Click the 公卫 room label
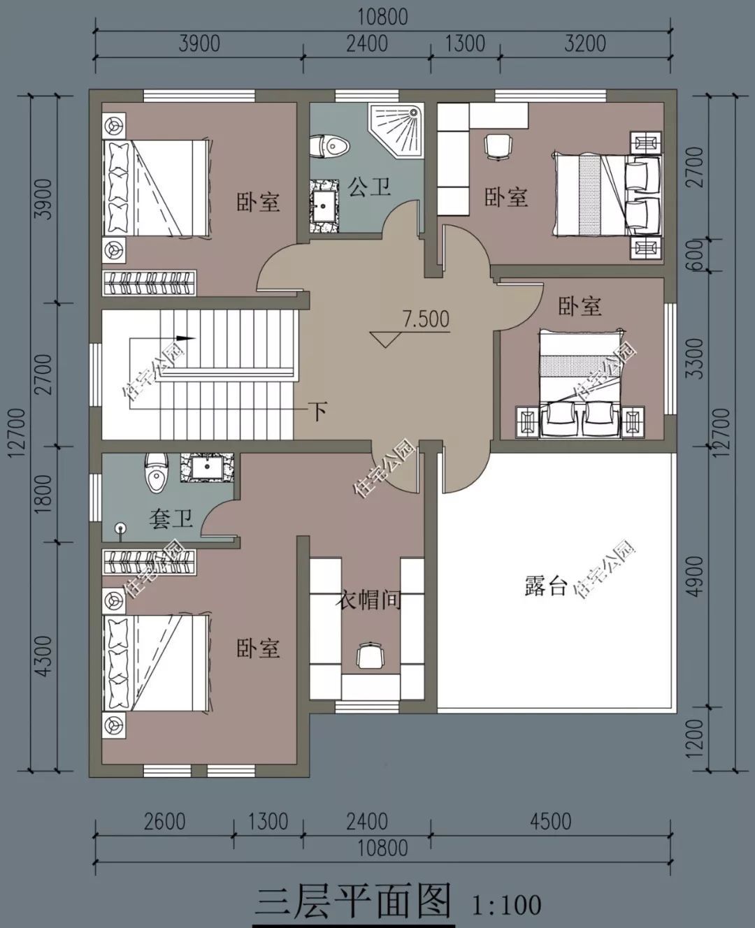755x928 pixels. coord(369,187)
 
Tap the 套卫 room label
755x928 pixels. coord(171,519)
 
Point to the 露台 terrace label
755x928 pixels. coord(545,586)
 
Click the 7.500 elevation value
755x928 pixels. coord(425,319)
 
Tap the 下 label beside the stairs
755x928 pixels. coord(318,411)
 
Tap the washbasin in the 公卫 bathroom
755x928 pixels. coord(324,204)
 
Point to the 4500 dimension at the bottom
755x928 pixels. coord(550,820)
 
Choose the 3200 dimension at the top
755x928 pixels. coord(584,43)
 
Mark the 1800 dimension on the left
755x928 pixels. coord(43,494)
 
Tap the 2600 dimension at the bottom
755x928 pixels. coord(164,820)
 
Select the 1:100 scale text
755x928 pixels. coord(507,905)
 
